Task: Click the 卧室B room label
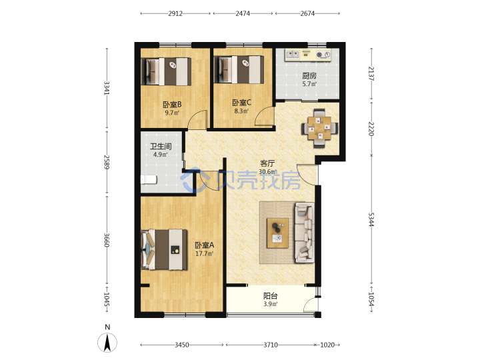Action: (x=172, y=105)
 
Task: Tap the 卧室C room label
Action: (x=241, y=103)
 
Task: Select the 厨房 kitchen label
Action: (x=309, y=75)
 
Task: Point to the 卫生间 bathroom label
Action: (x=161, y=146)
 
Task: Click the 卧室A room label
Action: (x=205, y=245)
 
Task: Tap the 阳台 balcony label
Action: (x=271, y=296)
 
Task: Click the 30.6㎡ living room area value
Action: (x=268, y=172)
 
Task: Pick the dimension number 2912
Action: (x=175, y=13)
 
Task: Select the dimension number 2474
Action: (x=243, y=13)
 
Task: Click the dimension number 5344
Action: (x=371, y=219)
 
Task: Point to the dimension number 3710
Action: (x=271, y=345)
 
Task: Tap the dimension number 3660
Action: (x=107, y=240)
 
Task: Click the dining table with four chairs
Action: (x=320, y=128)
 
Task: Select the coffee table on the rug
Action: (x=277, y=233)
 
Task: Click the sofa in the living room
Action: (x=304, y=233)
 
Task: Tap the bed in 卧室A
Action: (x=164, y=249)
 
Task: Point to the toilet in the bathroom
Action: (x=149, y=180)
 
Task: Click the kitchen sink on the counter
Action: (x=293, y=55)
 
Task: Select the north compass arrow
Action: (x=107, y=343)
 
